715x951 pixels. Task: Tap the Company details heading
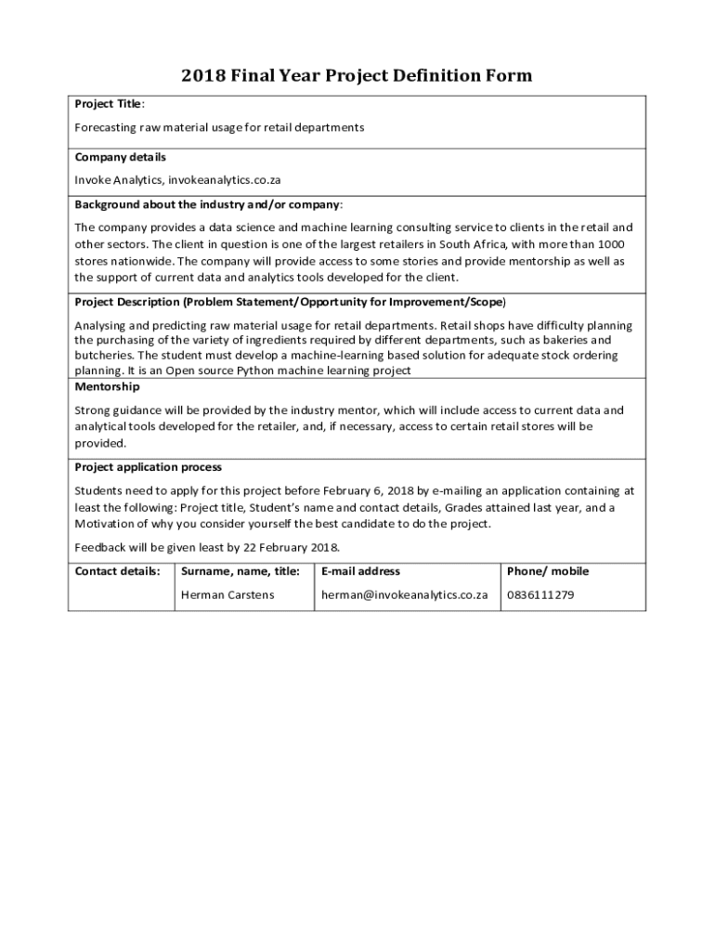coord(120,157)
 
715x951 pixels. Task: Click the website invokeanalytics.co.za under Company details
coord(222,179)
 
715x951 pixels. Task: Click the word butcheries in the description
coord(104,356)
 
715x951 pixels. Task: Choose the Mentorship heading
coord(107,386)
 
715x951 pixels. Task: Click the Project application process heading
coord(148,467)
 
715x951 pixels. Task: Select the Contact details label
coord(117,571)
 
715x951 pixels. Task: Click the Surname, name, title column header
coord(240,571)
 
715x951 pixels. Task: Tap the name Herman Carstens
coord(227,594)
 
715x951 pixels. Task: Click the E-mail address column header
coord(360,571)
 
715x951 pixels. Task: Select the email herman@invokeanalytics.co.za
coord(404,594)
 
